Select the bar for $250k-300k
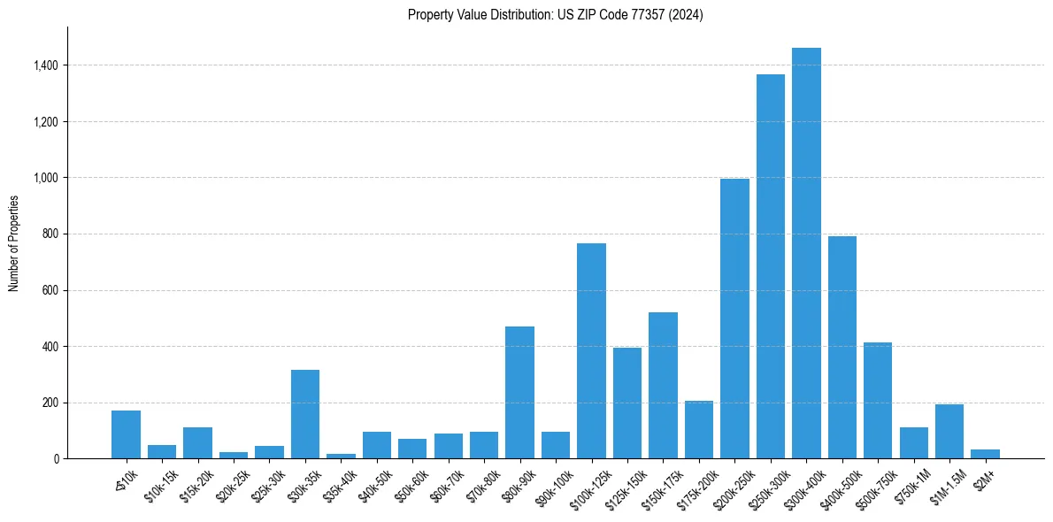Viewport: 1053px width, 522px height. (770, 266)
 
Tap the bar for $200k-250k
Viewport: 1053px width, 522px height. (734, 319)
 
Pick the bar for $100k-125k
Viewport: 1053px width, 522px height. (591, 350)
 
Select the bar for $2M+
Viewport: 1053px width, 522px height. (985, 454)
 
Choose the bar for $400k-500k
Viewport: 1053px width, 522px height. (842, 347)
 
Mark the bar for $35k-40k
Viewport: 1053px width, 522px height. (341, 456)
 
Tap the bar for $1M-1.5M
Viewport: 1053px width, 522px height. (949, 431)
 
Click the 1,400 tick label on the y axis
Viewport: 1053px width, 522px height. (46, 65)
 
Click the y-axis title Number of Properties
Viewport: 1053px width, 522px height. (13, 242)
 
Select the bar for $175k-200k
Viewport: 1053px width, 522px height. (698, 429)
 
